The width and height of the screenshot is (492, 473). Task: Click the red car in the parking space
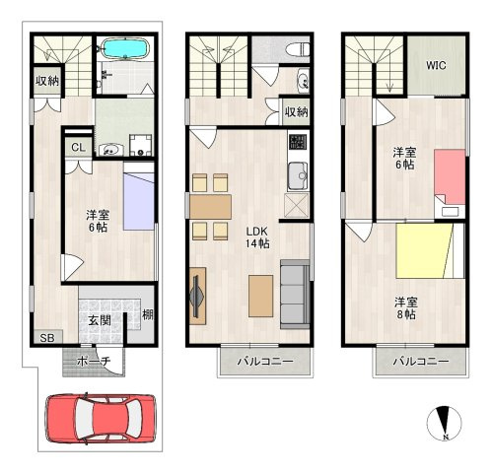(101, 418)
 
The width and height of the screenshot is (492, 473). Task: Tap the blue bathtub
(125, 48)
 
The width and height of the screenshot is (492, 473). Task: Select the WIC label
(436, 65)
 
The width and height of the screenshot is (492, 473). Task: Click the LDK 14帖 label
(257, 237)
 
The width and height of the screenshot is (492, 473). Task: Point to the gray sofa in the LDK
(295, 294)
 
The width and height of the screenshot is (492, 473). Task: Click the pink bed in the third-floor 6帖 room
(450, 176)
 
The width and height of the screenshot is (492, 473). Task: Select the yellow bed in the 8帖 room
(423, 251)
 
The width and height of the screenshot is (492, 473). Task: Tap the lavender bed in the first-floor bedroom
(139, 201)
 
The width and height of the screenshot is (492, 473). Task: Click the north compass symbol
(444, 424)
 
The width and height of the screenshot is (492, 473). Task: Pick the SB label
(47, 338)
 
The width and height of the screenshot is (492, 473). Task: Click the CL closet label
(78, 147)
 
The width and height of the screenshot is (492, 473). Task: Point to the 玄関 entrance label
(100, 320)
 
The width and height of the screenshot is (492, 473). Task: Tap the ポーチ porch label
(94, 362)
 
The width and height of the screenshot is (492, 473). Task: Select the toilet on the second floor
(297, 50)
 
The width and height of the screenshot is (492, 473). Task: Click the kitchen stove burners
(298, 142)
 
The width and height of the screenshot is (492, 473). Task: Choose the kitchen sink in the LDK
(298, 176)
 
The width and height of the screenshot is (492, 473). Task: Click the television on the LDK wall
(197, 297)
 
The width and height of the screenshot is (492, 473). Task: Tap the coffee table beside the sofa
(260, 296)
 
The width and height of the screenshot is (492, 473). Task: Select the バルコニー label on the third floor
(421, 362)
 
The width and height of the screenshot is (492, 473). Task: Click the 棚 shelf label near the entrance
(148, 314)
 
